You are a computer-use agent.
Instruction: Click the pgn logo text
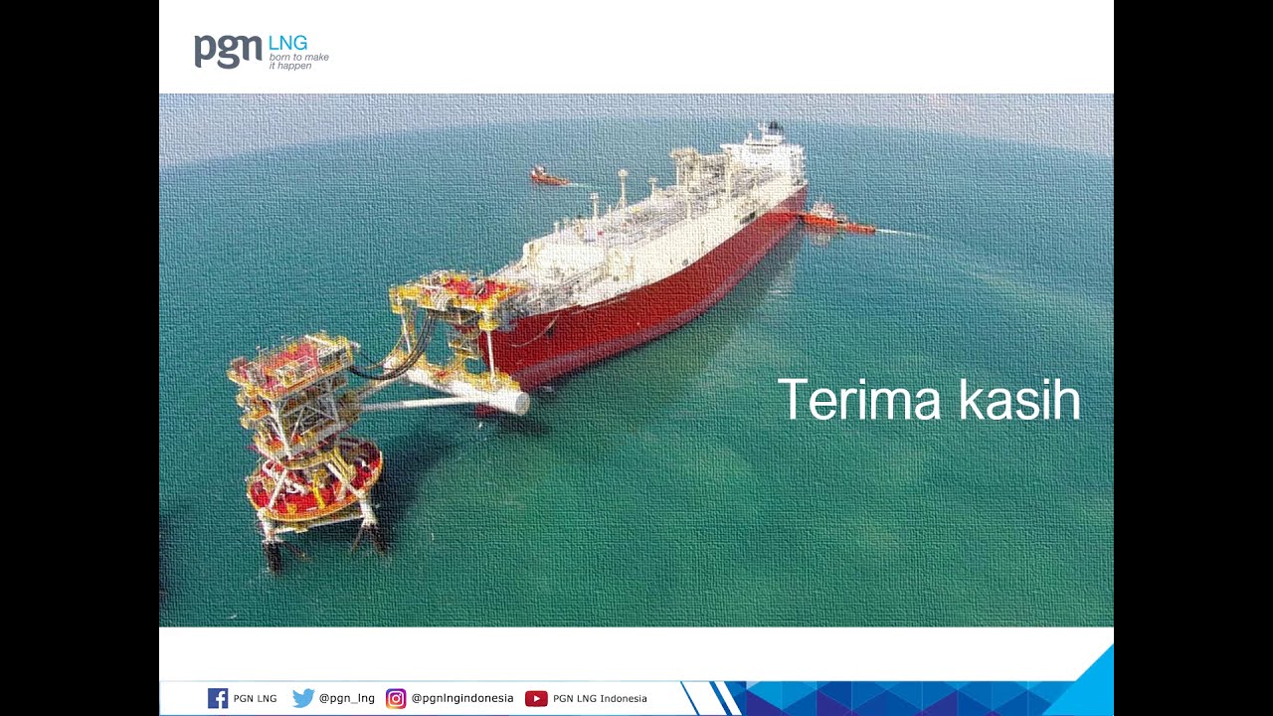click(228, 51)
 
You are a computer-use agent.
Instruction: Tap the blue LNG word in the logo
click(288, 43)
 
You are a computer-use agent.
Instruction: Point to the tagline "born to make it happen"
click(299, 62)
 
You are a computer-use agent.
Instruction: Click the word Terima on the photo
click(858, 400)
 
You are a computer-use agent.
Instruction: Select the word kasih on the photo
click(1019, 399)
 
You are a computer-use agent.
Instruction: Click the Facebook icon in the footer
click(218, 698)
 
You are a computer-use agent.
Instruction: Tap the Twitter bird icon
click(303, 698)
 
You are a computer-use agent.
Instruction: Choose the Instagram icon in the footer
click(396, 698)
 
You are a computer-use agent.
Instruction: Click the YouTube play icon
click(536, 698)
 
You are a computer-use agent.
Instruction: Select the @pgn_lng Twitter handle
click(347, 698)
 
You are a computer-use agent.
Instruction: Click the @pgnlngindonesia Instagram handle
click(462, 698)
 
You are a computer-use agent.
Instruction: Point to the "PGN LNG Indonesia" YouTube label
click(600, 698)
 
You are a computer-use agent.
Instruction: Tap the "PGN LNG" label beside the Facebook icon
click(256, 698)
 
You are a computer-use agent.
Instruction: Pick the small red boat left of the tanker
click(548, 177)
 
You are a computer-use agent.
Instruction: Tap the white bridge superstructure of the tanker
click(765, 153)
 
